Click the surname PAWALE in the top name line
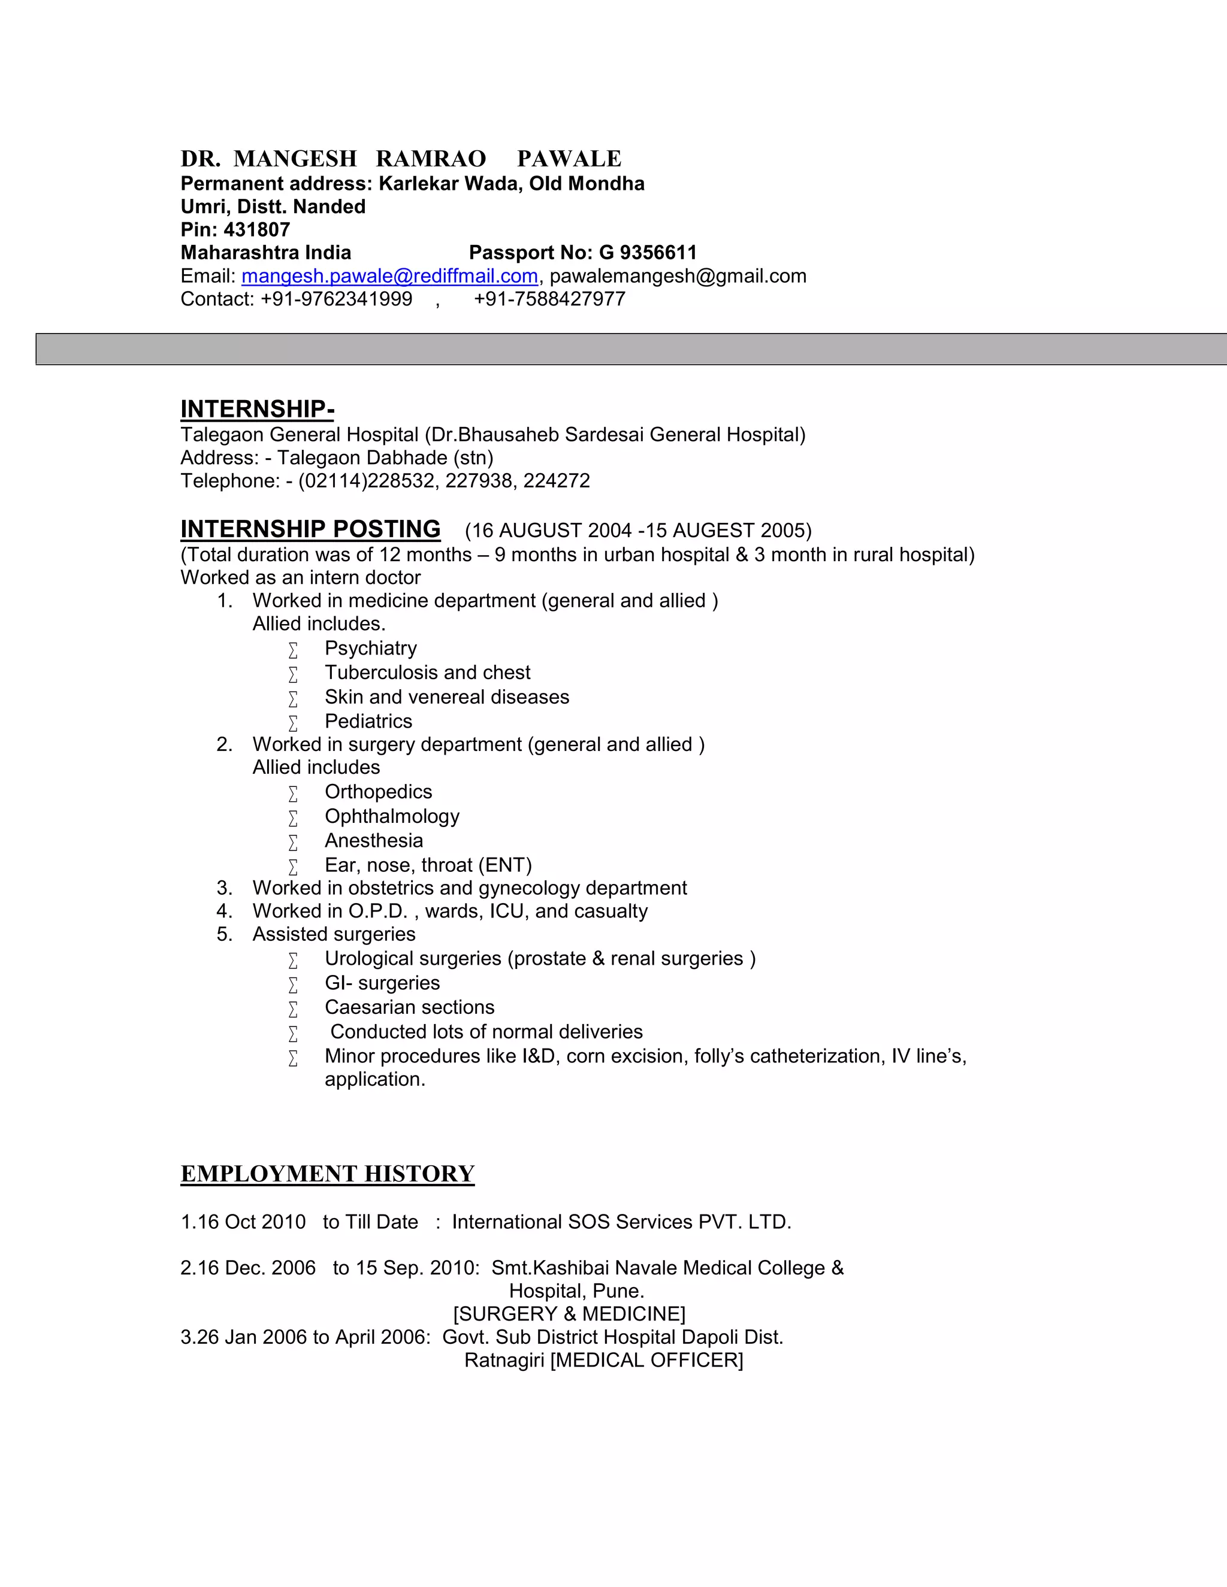[569, 159]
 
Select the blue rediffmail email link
[389, 276]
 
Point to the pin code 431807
[256, 229]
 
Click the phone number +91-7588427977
[549, 299]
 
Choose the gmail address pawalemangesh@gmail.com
[678, 276]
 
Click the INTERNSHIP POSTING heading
[310, 529]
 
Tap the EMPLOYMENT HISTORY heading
[327, 1174]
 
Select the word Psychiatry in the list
[371, 648]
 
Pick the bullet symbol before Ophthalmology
[293, 818]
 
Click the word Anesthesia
[374, 841]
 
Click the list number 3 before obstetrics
[224, 888]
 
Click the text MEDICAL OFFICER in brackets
[647, 1360]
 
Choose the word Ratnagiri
[504, 1360]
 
